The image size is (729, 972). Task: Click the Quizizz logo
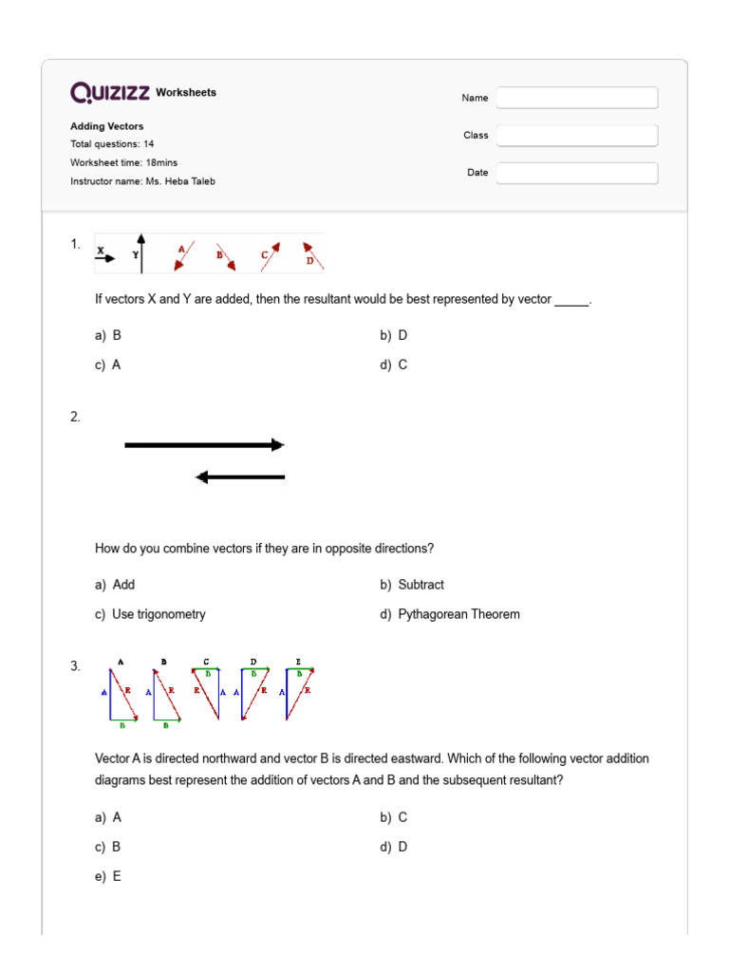110,92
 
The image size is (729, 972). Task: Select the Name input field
577,98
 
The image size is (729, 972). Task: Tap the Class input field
577,136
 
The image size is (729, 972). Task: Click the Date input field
577,173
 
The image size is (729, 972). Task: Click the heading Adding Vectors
107,126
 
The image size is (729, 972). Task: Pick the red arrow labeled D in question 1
313,253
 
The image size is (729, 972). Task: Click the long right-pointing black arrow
204,444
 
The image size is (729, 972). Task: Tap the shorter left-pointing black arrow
240,477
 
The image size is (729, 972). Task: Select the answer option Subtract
421,585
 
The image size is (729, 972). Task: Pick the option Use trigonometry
159,614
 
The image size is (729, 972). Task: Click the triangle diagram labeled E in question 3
299,693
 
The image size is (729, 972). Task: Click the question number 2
75,417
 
